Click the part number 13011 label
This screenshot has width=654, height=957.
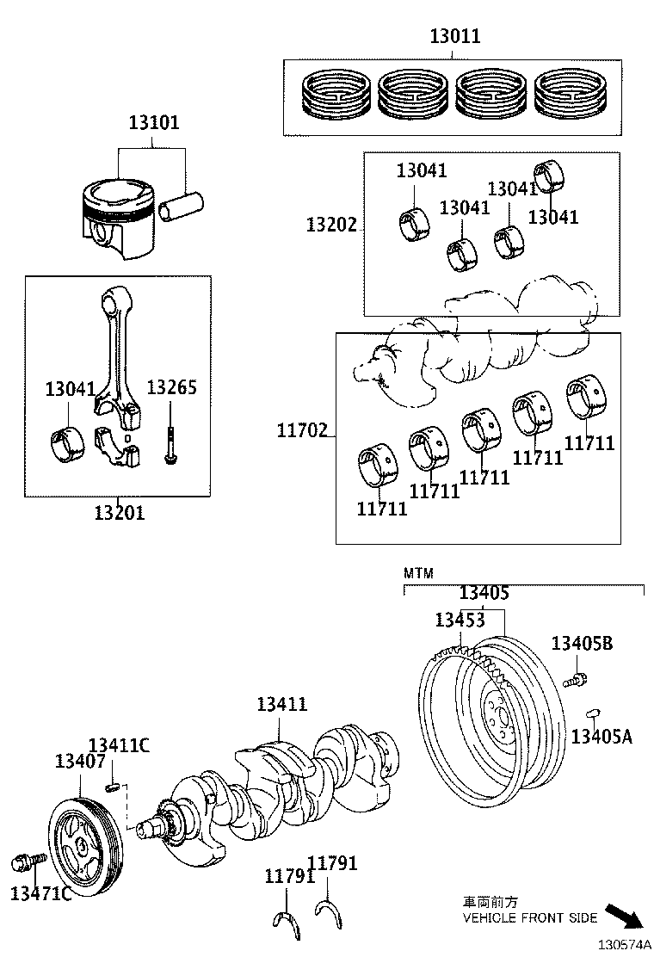tap(455, 36)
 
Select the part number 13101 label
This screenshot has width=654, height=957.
tap(154, 122)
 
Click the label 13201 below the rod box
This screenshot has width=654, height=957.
tap(120, 513)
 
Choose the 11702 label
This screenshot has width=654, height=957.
tap(302, 429)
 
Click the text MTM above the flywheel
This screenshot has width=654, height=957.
tap(419, 573)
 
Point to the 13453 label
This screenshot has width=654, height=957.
tap(460, 620)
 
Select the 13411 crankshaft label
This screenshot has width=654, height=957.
tap(281, 704)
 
